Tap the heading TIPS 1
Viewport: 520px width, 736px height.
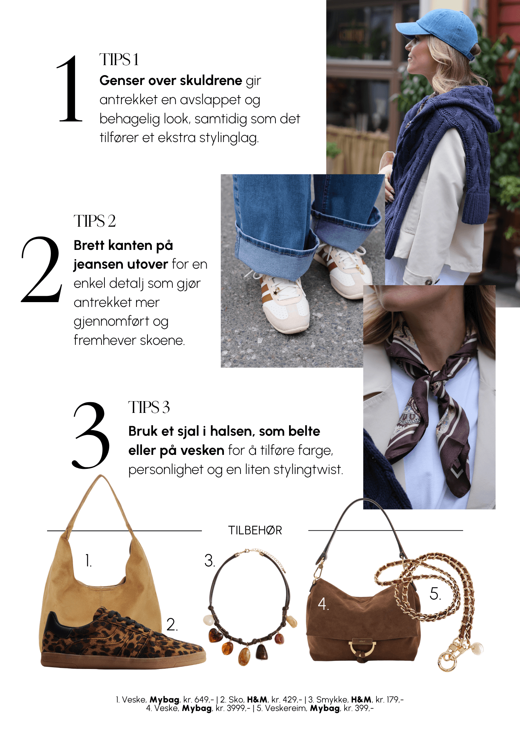coord(119,60)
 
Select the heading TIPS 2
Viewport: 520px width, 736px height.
coord(95,221)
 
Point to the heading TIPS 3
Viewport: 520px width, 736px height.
coord(149,407)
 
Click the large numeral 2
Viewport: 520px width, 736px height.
coord(42,270)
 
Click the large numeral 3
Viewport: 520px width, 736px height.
coord(91,436)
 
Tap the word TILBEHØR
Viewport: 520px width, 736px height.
coord(255,530)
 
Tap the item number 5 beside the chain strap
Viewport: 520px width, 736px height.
coord(435,594)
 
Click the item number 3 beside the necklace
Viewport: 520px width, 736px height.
coord(210,560)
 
